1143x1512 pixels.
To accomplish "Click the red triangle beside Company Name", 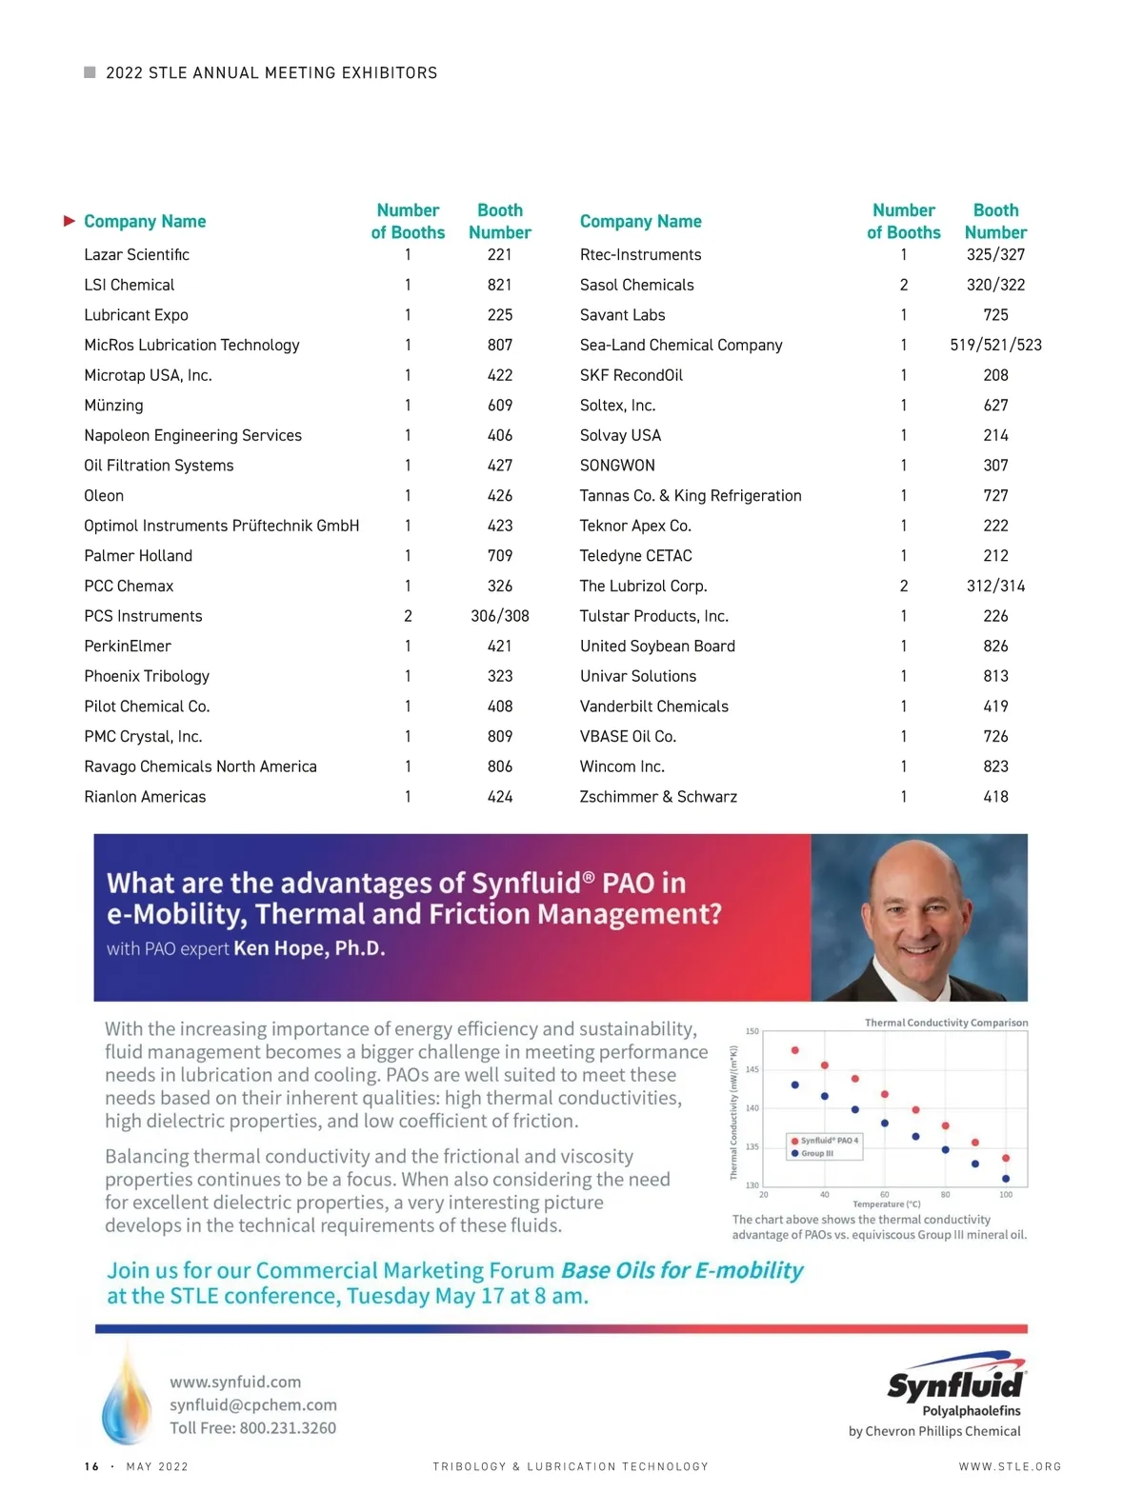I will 70,221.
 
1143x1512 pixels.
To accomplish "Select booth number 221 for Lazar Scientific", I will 499,255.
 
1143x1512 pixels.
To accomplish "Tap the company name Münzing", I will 113,406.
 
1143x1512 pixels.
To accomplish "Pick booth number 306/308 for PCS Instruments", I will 499,616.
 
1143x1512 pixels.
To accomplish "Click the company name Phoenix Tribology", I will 147,676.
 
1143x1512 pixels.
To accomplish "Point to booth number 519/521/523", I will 995,345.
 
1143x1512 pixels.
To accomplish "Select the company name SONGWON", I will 617,466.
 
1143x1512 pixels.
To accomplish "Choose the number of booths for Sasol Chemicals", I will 903,285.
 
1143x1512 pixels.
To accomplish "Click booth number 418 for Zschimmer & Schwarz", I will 995,797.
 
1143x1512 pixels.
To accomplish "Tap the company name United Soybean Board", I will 657,647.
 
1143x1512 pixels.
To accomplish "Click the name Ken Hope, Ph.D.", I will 310,948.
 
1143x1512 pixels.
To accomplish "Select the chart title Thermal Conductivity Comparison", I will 946,1023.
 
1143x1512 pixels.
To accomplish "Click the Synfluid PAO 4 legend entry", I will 825,1141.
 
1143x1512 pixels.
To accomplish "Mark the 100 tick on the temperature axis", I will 1006,1194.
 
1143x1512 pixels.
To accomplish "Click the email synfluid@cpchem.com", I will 253,1405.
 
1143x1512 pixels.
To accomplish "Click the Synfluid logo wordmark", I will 955,1383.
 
